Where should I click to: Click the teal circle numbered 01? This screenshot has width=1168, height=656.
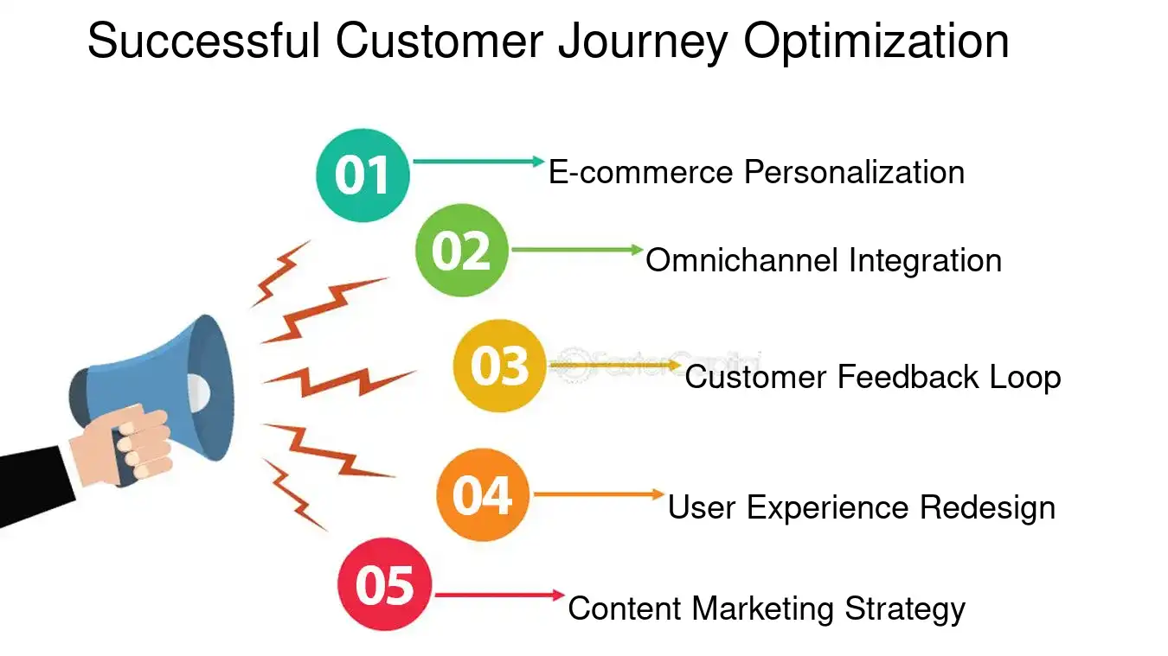pyautogui.click(x=363, y=175)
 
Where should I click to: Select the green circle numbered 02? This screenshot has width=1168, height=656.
pyautogui.click(x=461, y=251)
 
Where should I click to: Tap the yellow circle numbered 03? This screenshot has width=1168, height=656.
pyautogui.click(x=500, y=366)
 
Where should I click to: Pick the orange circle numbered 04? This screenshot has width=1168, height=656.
pyautogui.click(x=482, y=495)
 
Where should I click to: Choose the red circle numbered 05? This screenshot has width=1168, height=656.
pyautogui.click(x=384, y=585)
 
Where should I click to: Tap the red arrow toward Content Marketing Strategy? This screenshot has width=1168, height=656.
pyautogui.click(x=498, y=595)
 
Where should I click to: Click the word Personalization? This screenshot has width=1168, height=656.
pyautogui.click(x=854, y=172)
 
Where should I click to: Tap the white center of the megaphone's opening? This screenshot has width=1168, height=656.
pyautogui.click(x=198, y=392)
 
